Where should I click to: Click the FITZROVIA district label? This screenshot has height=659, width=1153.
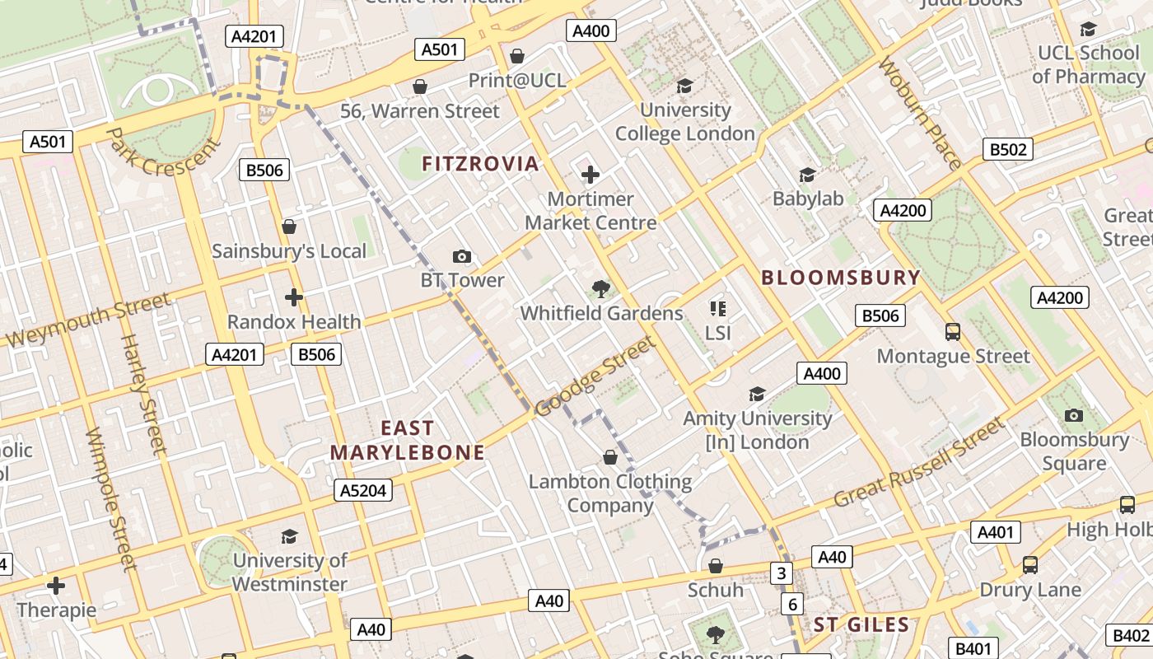coord(480,163)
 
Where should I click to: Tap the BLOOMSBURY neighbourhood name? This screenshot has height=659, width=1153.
coord(840,278)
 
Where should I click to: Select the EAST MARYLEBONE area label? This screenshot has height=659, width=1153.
coord(408,440)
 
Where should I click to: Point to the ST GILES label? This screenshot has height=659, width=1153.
coord(861,624)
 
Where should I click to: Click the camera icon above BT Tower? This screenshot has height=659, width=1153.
coord(462,256)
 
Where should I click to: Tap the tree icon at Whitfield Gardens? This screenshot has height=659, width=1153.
coord(601,288)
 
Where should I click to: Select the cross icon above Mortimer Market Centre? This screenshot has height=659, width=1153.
coord(591,175)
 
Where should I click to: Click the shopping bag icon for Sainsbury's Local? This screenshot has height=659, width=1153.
coord(289,227)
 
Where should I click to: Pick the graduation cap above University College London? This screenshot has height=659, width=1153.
coord(684,86)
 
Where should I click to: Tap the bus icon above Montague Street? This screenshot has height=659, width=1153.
coord(953,331)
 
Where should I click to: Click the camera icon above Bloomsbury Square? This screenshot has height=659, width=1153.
coord(1073,415)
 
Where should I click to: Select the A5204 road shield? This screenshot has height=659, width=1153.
coord(363,491)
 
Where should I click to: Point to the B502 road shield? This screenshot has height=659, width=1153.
coord(1008,149)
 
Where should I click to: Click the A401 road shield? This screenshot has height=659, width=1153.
coord(995,532)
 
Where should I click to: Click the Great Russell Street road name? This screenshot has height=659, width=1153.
coord(919,463)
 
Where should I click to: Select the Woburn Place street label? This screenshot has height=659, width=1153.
coord(920,113)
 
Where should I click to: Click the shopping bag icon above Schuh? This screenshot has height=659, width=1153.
coord(716,566)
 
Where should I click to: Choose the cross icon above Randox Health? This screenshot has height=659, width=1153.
coord(294,297)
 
